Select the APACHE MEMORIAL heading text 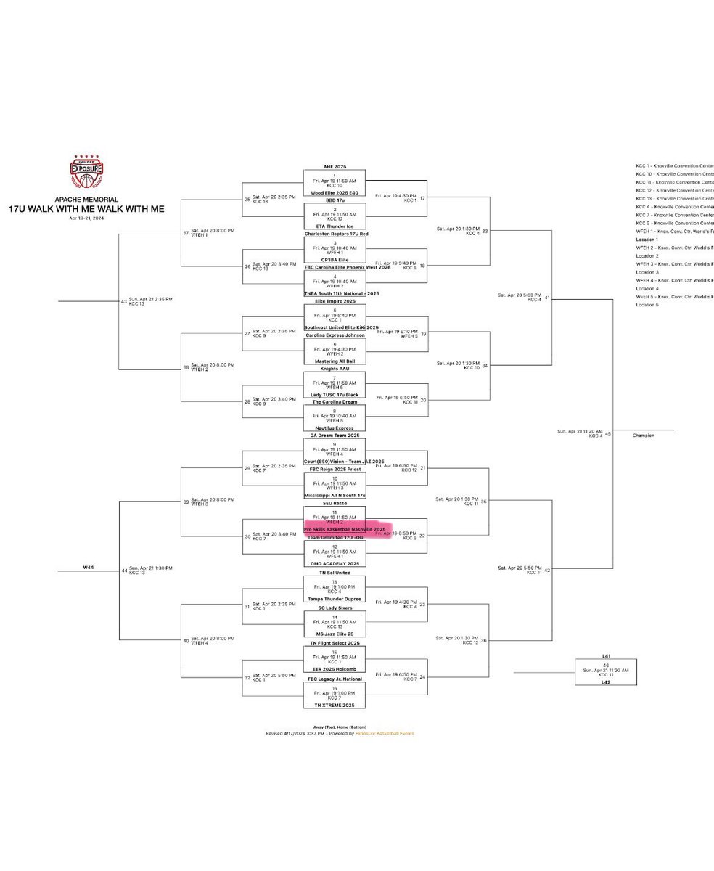click(86, 200)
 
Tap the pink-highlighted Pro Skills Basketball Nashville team click(345, 530)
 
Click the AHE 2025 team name click(335, 167)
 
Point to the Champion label click(643, 435)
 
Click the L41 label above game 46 click(606, 656)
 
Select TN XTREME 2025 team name click(335, 706)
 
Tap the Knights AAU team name click(335, 369)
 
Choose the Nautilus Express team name click(335, 428)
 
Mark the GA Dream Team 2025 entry click(335, 435)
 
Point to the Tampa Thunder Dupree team click(335, 599)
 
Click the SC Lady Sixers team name click(335, 608)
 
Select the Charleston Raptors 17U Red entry click(336, 234)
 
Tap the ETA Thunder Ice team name click(335, 226)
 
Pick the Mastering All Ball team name click(335, 361)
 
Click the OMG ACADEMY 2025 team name click(335, 564)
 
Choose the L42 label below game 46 click(606, 682)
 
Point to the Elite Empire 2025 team click(335, 300)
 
